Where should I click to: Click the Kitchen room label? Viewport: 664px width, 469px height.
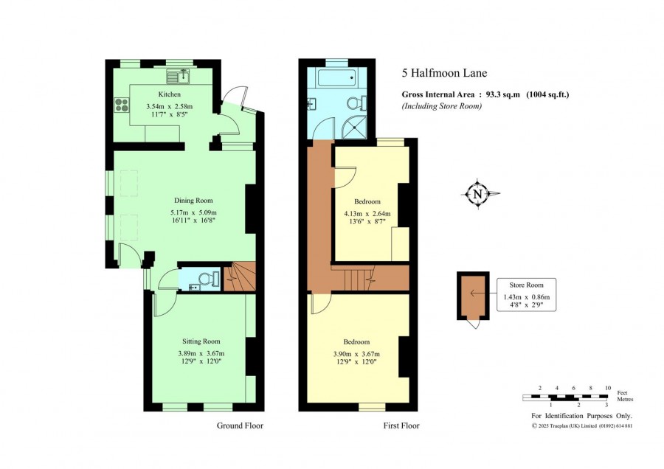170,94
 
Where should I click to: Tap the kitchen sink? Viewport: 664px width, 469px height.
179,76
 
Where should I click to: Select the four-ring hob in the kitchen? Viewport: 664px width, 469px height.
122,105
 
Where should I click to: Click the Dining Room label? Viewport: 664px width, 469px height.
193,201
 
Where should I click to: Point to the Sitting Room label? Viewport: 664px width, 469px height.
201,341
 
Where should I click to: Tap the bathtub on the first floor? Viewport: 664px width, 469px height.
337,77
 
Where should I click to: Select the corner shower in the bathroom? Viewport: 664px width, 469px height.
354,126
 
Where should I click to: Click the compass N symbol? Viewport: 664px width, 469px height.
478,194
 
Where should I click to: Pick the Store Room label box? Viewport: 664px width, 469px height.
526,295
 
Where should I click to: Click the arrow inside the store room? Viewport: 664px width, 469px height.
477,293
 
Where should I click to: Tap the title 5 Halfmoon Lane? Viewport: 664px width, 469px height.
444,73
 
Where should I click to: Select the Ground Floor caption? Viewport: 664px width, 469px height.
240,425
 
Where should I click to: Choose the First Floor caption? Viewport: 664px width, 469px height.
401,425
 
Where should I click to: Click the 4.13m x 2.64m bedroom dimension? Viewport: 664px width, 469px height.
367,214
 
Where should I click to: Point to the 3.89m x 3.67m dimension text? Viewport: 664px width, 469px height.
201,354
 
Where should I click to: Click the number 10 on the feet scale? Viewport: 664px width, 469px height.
608,388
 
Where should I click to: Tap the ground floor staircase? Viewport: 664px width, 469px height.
239,277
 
